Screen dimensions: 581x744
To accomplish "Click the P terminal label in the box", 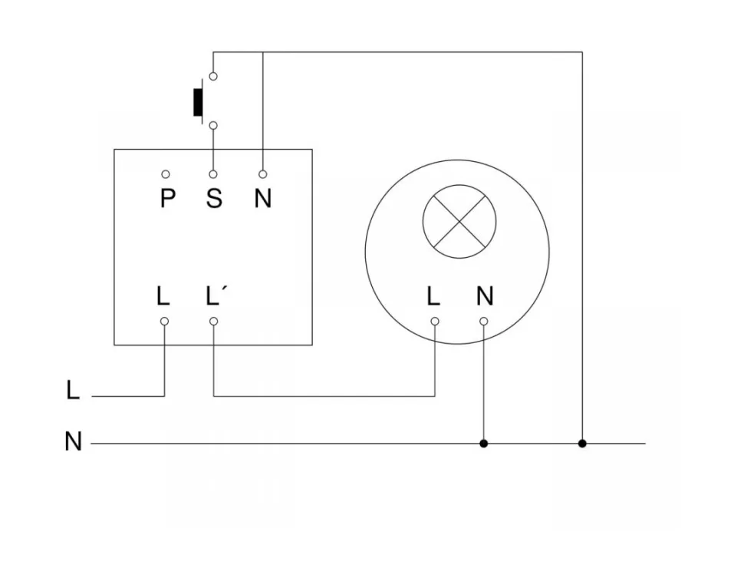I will click(x=167, y=199).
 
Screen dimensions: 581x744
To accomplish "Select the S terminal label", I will click(x=214, y=199).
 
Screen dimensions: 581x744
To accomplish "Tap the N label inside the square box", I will click(x=263, y=199).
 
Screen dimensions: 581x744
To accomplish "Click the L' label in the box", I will click(x=214, y=296).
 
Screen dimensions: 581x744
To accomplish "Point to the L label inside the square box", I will click(x=163, y=296).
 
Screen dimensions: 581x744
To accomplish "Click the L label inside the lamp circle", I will click(x=433, y=296).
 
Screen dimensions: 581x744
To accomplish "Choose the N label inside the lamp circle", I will click(x=485, y=296).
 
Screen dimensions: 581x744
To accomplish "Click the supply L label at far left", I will click(x=73, y=391).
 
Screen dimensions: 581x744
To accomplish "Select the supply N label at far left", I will click(x=73, y=442).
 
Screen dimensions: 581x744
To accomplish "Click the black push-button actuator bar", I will click(x=198, y=102).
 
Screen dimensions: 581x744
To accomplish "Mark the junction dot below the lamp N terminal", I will click(x=483, y=444).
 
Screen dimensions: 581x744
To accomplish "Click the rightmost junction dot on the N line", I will click(x=582, y=444).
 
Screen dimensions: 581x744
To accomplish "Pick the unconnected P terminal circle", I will click(x=166, y=175).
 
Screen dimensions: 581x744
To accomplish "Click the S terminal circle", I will click(x=213, y=175).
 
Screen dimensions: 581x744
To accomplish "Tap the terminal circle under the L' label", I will click(x=213, y=321).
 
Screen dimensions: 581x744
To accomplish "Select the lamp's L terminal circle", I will click(x=434, y=321).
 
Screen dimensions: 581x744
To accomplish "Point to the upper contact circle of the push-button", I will click(x=213, y=76).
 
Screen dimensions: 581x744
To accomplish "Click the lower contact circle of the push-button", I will click(x=213, y=125).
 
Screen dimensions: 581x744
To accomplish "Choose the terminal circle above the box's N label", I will click(x=262, y=175).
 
